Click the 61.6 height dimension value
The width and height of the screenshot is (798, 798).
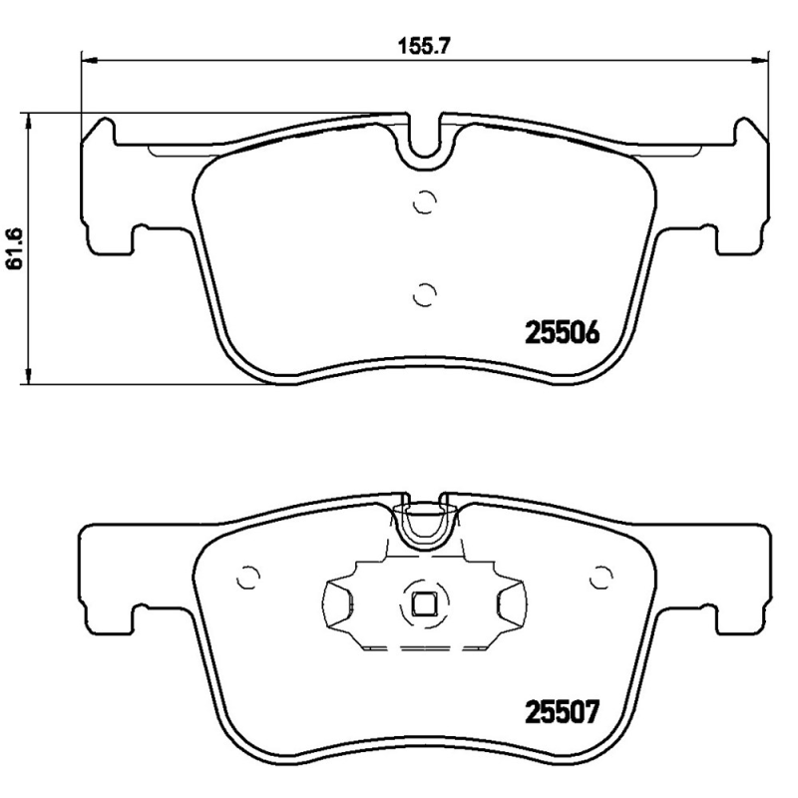coord(14,247)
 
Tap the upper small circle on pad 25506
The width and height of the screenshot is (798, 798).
coord(425,202)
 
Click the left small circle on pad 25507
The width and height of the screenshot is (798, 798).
coord(248,577)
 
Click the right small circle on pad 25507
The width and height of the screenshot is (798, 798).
coord(600,577)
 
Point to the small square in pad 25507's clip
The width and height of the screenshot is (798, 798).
coord(424,604)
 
